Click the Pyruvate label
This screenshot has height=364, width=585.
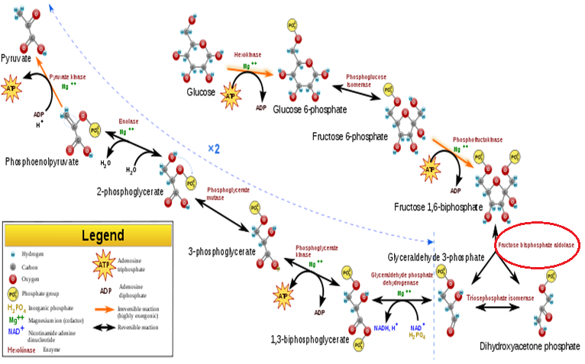click(x=17, y=58)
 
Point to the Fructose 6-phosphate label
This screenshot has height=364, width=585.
click(x=349, y=137)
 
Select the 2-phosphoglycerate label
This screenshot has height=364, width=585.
click(x=130, y=192)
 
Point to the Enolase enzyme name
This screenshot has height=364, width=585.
click(x=128, y=121)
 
